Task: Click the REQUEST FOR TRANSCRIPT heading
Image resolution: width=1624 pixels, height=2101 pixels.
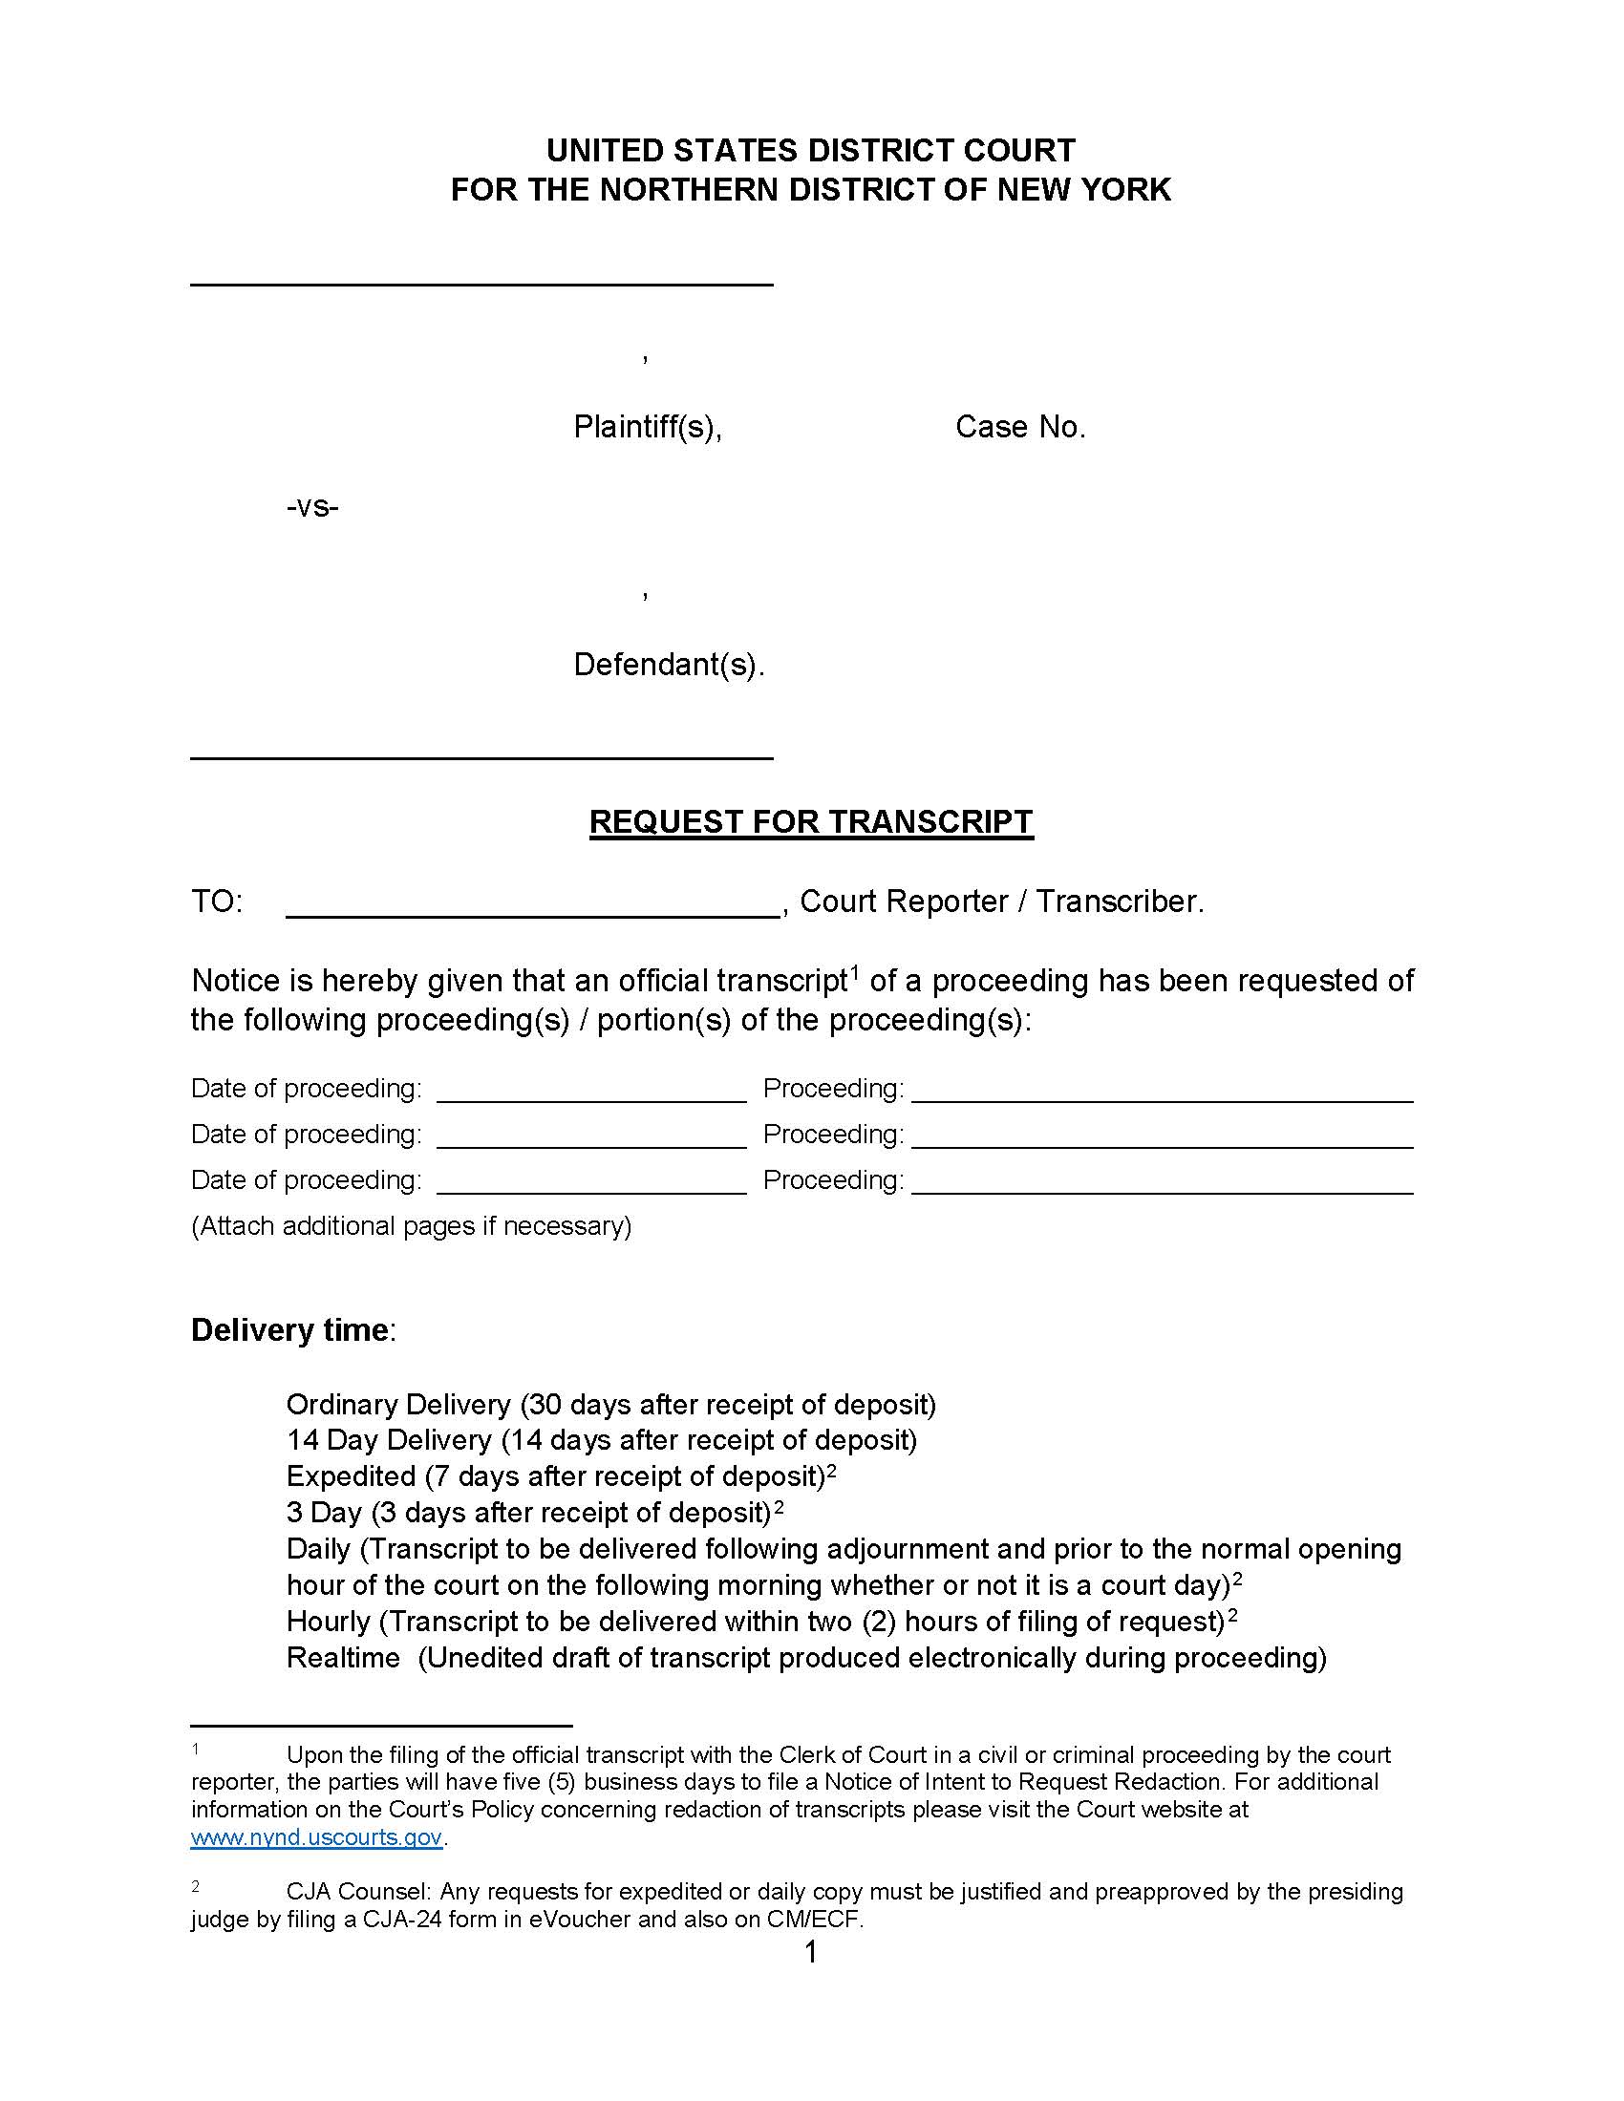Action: coord(810,822)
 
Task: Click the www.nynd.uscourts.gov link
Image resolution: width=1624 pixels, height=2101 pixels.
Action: coord(316,1836)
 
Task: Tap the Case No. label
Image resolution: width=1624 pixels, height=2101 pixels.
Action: coord(1020,427)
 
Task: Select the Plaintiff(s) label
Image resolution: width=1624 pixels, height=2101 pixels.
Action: coord(647,427)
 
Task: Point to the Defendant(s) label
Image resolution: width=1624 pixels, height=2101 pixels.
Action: coord(669,665)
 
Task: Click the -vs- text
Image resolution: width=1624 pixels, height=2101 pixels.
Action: coord(312,507)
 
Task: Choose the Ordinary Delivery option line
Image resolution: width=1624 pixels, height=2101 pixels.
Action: coord(611,1405)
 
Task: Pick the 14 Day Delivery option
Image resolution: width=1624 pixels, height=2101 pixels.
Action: coord(601,1440)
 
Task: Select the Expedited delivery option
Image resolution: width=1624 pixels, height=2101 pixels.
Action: coord(352,1476)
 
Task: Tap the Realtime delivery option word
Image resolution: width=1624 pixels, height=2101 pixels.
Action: coord(343,1658)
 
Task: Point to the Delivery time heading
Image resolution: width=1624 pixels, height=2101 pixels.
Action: coord(290,1330)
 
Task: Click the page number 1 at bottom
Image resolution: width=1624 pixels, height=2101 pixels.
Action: coord(810,1952)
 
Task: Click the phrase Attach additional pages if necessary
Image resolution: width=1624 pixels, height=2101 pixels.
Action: coord(412,1226)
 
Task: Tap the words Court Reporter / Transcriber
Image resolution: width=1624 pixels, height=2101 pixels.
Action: coord(1000,902)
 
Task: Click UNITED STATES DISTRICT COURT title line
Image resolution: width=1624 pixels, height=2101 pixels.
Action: coord(810,151)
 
